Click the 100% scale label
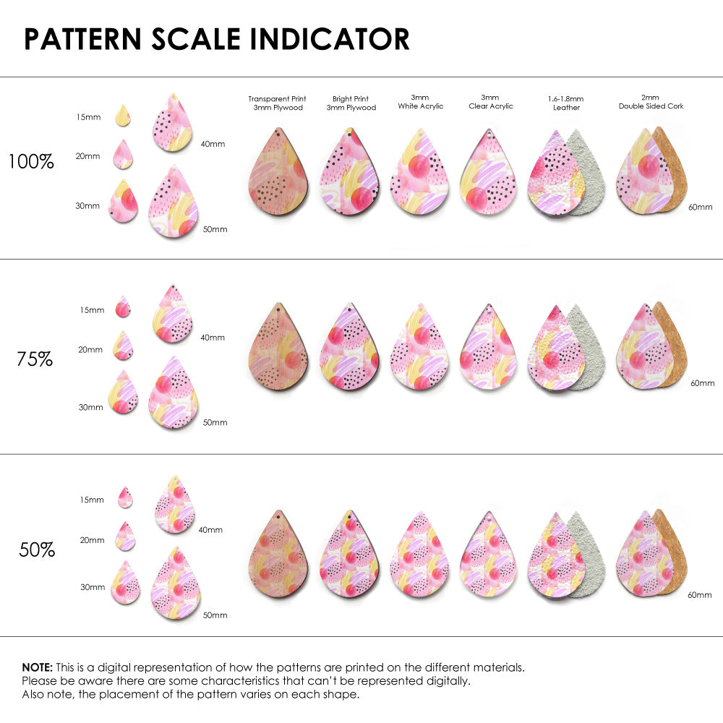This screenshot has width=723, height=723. pyautogui.click(x=31, y=161)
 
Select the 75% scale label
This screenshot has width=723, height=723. pyautogui.click(x=35, y=359)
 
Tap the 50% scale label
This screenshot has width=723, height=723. pyautogui.click(x=37, y=549)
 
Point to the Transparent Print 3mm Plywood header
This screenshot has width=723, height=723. pyautogui.click(x=277, y=103)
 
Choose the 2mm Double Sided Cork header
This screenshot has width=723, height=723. pyautogui.click(x=651, y=102)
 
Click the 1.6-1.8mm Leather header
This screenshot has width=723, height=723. pyautogui.click(x=566, y=103)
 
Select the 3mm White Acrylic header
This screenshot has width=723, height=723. pyautogui.click(x=420, y=102)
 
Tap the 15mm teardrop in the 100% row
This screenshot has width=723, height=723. pyautogui.click(x=123, y=115)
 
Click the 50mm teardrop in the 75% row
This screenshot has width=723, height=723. pyautogui.click(x=174, y=393)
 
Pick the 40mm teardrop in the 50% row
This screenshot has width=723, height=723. pyautogui.click(x=175, y=505)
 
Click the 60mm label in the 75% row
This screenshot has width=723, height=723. pyautogui.click(x=702, y=382)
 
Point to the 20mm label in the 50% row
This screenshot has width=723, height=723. pyautogui.click(x=92, y=540)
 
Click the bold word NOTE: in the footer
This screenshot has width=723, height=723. pyautogui.click(x=37, y=667)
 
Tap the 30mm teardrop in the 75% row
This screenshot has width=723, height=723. pyautogui.click(x=123, y=393)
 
